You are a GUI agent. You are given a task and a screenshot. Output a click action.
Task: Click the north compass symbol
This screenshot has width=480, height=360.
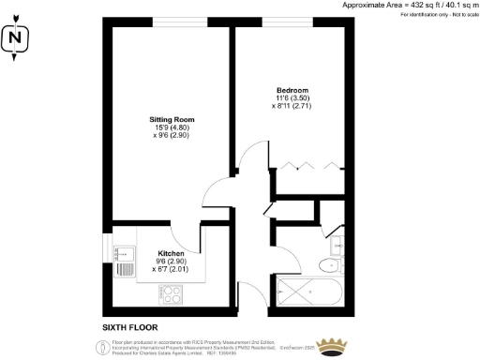pyautogui.click(x=15, y=40)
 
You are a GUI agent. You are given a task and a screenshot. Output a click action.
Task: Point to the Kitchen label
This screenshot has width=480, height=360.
pyautogui.click(x=170, y=253)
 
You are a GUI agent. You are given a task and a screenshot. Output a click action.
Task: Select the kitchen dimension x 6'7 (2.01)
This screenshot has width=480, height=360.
pyautogui.click(x=170, y=270)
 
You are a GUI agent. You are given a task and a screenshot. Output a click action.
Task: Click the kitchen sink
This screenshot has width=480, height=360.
pyautogui.click(x=125, y=252)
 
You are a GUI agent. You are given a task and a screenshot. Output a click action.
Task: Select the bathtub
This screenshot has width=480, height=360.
pyautogui.click(x=310, y=292)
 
